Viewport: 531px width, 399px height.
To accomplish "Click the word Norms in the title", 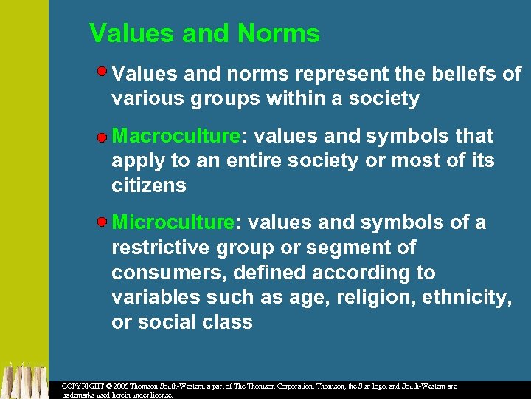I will point(278,33).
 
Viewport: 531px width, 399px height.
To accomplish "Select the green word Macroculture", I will point(176,136).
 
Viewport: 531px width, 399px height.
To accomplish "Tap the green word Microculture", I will point(173,222).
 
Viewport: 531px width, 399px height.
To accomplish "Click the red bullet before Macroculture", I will point(103,137).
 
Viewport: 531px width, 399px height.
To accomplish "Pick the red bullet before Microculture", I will point(103,223).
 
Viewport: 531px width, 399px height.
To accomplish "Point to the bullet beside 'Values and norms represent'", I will point(103,72).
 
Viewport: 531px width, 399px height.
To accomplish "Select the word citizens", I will point(148,185).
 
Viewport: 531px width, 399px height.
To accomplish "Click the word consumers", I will point(169,273).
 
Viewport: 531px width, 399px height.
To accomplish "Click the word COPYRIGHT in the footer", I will point(83,386).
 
